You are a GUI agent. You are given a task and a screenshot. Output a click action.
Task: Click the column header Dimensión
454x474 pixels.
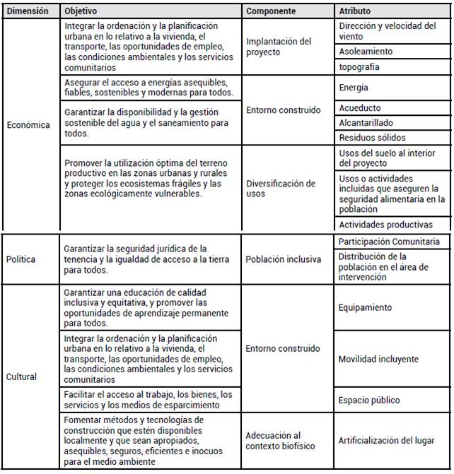28,12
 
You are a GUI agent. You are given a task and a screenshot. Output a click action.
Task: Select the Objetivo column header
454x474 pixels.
81,12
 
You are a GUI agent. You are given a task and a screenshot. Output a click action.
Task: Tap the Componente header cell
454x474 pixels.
272,12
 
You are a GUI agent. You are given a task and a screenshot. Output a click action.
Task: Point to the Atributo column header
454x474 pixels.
354,12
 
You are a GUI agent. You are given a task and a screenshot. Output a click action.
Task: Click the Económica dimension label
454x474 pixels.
28,125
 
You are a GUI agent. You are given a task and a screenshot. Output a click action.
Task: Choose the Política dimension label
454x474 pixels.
22,259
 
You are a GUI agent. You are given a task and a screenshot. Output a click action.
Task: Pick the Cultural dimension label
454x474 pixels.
23,377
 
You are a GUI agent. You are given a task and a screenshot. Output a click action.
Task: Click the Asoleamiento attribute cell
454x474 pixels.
366,52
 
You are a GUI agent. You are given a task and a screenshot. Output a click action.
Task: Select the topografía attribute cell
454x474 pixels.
359,67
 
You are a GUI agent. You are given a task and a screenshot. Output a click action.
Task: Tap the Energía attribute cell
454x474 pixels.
354,88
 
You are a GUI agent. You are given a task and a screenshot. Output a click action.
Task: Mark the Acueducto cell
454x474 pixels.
360,108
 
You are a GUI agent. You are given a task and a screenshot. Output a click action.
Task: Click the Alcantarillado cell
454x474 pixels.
367,123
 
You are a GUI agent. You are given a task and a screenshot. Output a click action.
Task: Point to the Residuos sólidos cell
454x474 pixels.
373,138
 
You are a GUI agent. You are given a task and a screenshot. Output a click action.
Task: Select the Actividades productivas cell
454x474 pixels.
385,225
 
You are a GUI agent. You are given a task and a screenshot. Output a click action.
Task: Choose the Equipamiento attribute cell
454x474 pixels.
366,308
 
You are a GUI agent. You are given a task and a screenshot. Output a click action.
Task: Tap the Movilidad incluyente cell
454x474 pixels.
378,359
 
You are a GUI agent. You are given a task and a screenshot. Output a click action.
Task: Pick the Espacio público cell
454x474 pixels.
369,400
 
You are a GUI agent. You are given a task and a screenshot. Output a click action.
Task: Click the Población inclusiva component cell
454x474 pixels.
284,259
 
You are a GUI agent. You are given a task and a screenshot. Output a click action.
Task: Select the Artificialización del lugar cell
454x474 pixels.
387,441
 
